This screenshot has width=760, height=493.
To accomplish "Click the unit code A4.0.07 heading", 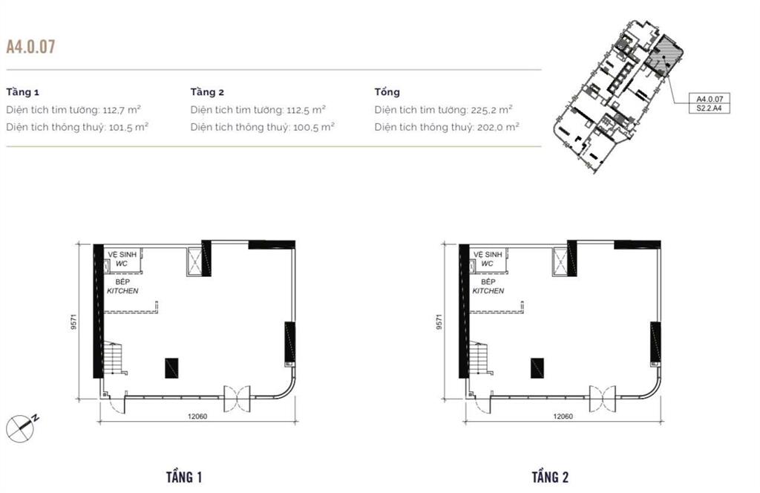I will pos(30,48).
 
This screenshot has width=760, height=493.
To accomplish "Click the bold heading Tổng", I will pos(387,92).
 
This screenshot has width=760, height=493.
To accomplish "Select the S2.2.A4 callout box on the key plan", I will pos(710,108).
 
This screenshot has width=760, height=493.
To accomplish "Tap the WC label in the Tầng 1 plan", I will pos(112,264).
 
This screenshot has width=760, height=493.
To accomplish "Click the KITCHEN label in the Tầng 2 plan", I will pos(488,291).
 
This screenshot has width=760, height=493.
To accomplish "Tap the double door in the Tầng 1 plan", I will pos(237,399).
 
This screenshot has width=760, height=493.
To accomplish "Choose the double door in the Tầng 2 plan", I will pos(603,399).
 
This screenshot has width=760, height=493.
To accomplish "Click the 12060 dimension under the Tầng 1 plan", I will pos(197,417).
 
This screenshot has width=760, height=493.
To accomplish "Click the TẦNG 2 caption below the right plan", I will pos(550,477).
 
